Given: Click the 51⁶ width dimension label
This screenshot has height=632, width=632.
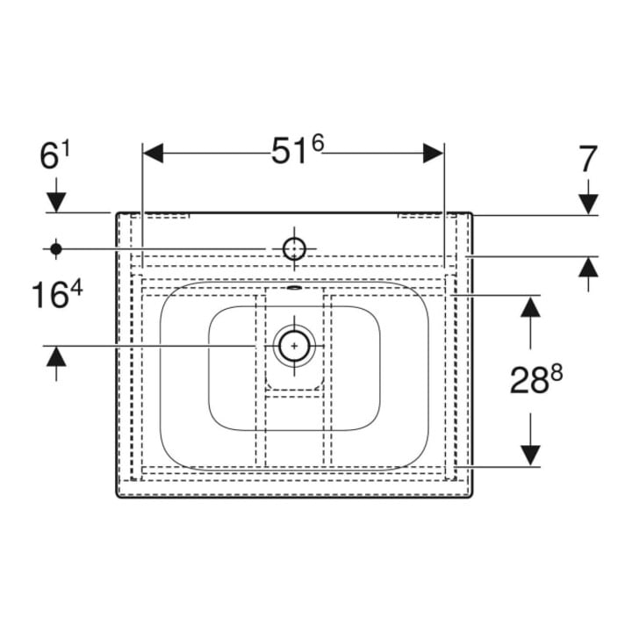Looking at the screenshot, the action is [x=298, y=150].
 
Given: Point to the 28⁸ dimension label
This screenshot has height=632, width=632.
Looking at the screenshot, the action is [x=536, y=380].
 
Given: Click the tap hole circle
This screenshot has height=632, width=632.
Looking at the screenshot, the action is [x=294, y=248].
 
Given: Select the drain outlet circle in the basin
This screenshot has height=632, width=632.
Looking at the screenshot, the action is [x=294, y=346].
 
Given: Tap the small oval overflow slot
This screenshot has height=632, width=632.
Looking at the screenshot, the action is [x=294, y=287].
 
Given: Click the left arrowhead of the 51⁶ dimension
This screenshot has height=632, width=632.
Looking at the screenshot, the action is [x=153, y=153].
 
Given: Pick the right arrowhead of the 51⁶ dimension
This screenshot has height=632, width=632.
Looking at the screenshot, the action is [x=434, y=153].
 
